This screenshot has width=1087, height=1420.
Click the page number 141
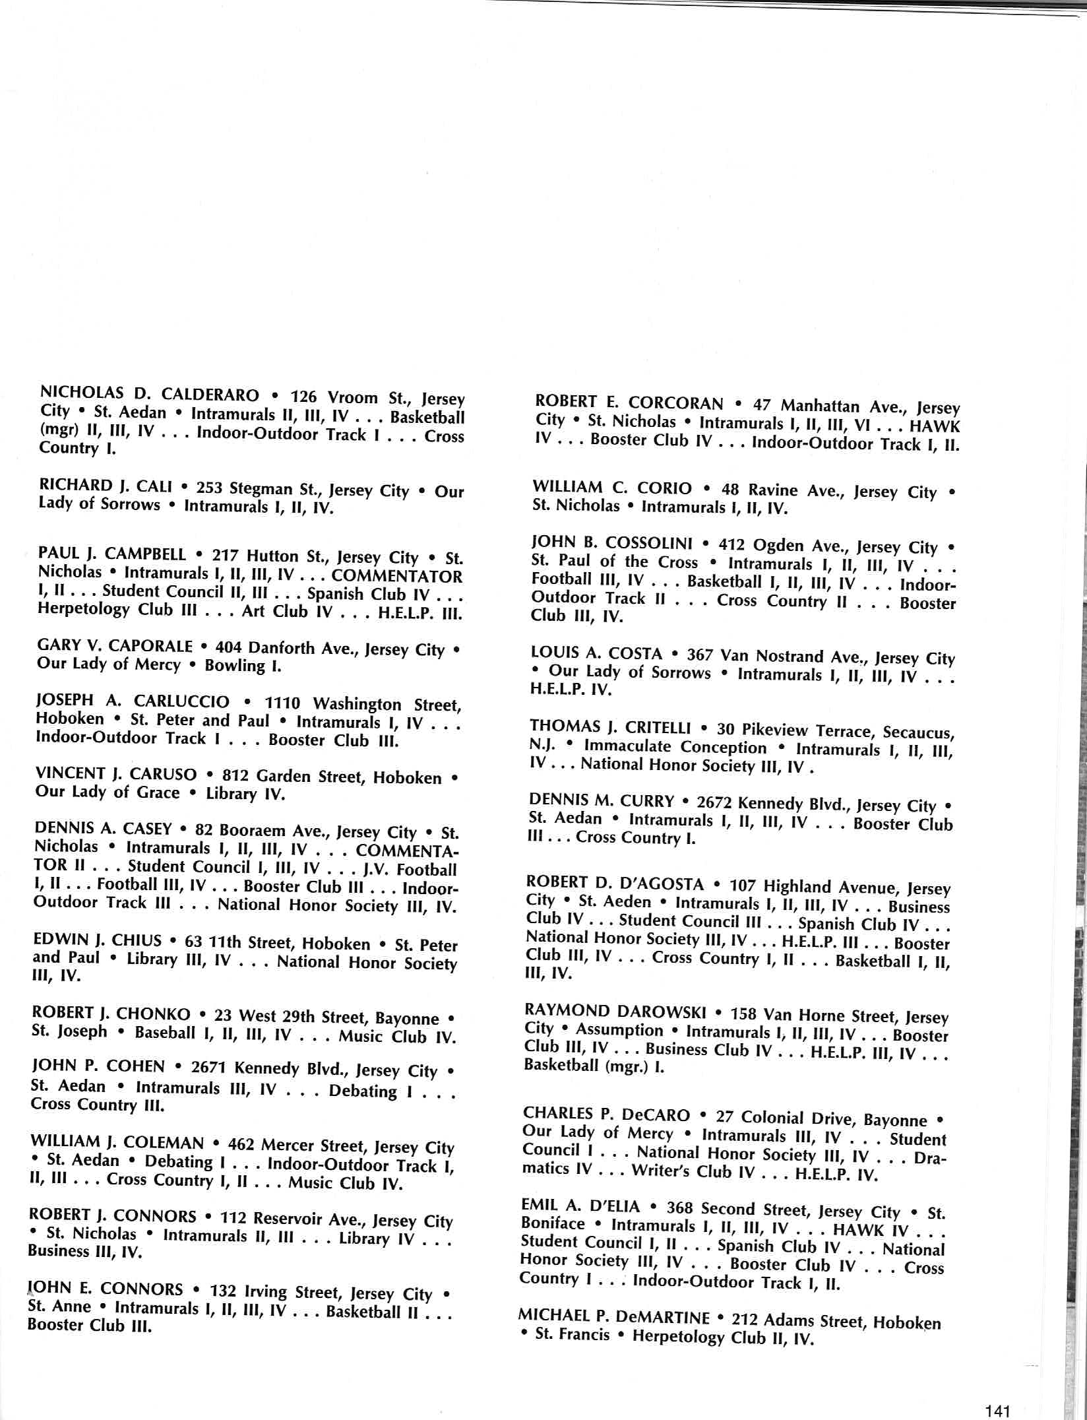(x=997, y=1406)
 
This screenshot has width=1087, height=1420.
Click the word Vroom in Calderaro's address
(x=352, y=399)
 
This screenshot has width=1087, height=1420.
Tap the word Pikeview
(x=774, y=730)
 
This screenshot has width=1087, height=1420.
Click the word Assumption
(x=619, y=1030)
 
